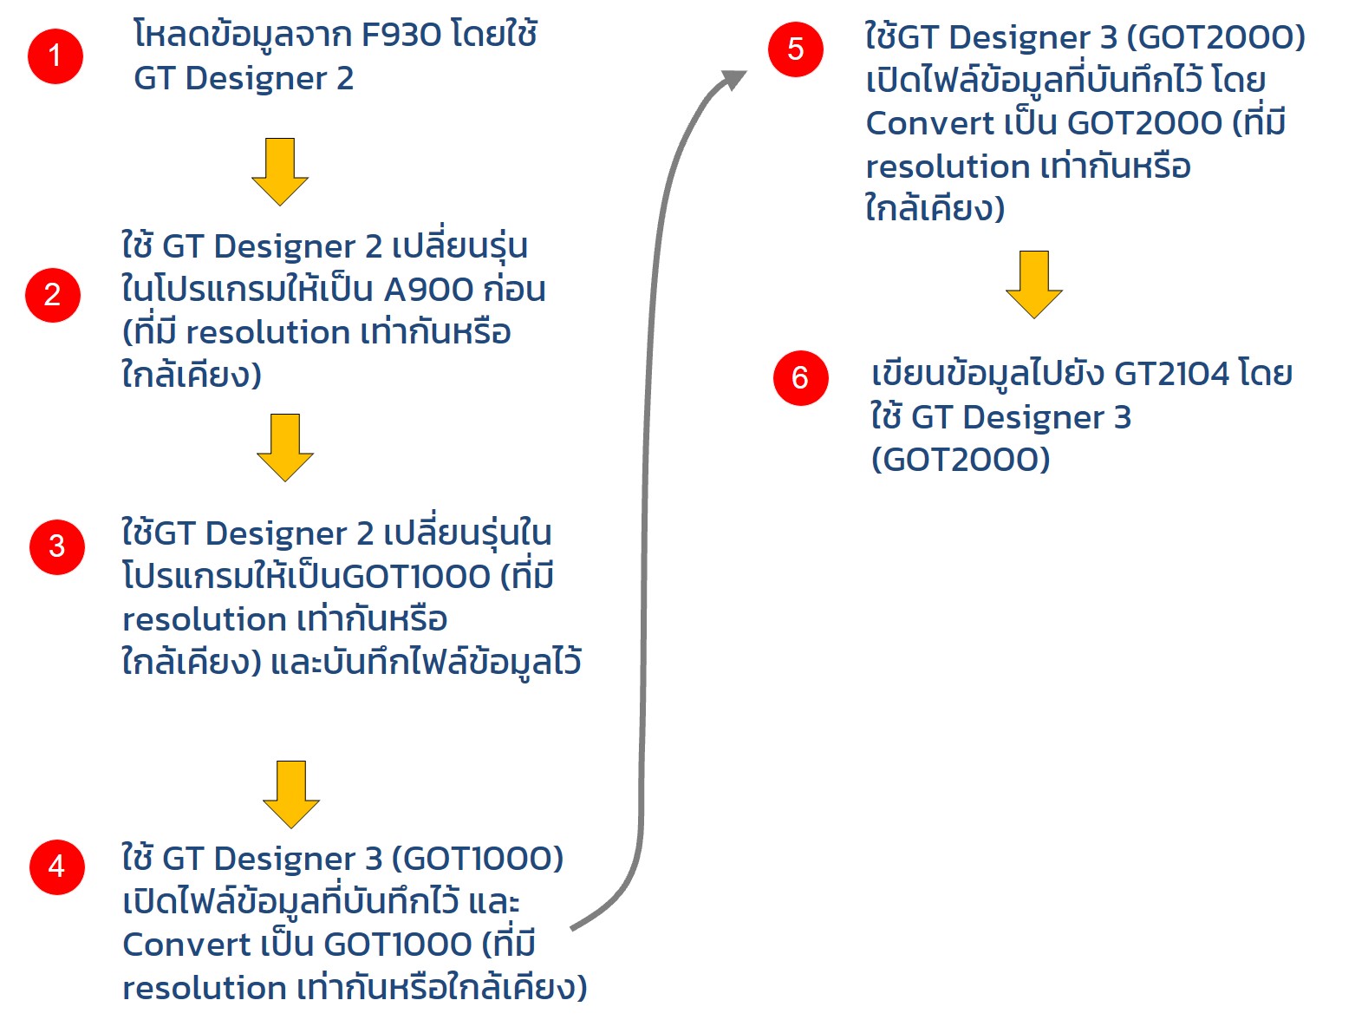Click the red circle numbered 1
[x=55, y=56]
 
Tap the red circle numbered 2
[x=53, y=295]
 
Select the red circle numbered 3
[x=57, y=546]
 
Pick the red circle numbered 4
[x=57, y=866]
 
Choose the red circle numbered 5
[x=795, y=49]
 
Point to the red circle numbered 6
[x=800, y=377]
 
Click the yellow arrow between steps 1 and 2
[x=280, y=171]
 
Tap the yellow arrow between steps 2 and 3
[x=284, y=447]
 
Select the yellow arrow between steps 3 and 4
[x=290, y=794]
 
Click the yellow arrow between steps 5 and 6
[x=1033, y=284]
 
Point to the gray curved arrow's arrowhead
[x=734, y=79]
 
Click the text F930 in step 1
[x=401, y=35]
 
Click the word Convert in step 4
[x=186, y=945]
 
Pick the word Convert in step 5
[x=929, y=123]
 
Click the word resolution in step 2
[x=267, y=333]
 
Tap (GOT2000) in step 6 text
[x=960, y=460]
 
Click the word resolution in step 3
[x=205, y=620]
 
